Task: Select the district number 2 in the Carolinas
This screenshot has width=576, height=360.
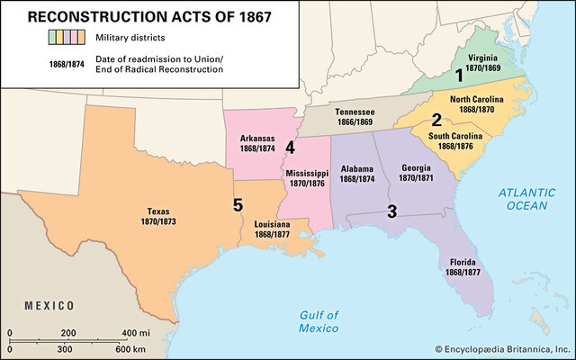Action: (x=436, y=120)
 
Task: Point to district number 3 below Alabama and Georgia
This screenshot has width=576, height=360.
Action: (x=391, y=212)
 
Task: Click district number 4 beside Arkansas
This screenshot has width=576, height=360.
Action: (x=290, y=147)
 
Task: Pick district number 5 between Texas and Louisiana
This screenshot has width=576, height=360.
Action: (x=238, y=205)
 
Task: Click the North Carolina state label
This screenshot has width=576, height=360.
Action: (x=475, y=101)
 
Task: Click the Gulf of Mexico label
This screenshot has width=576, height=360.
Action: (x=319, y=319)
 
